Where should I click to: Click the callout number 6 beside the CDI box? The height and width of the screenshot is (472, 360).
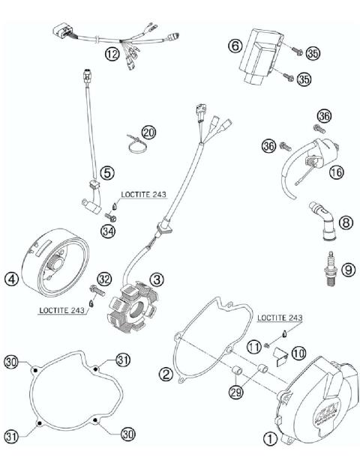[x=234, y=46]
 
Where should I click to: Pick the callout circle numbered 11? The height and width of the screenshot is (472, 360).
[x=253, y=345]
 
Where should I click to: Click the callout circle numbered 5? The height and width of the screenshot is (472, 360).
[x=108, y=173]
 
